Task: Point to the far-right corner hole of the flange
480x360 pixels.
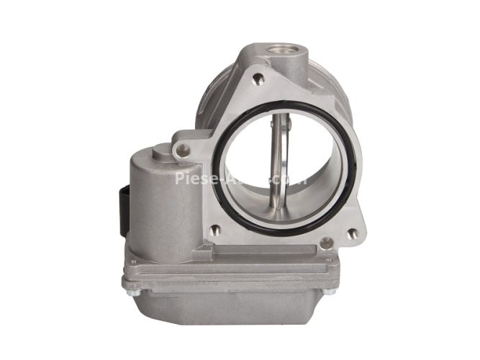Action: click(x=350, y=233)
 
